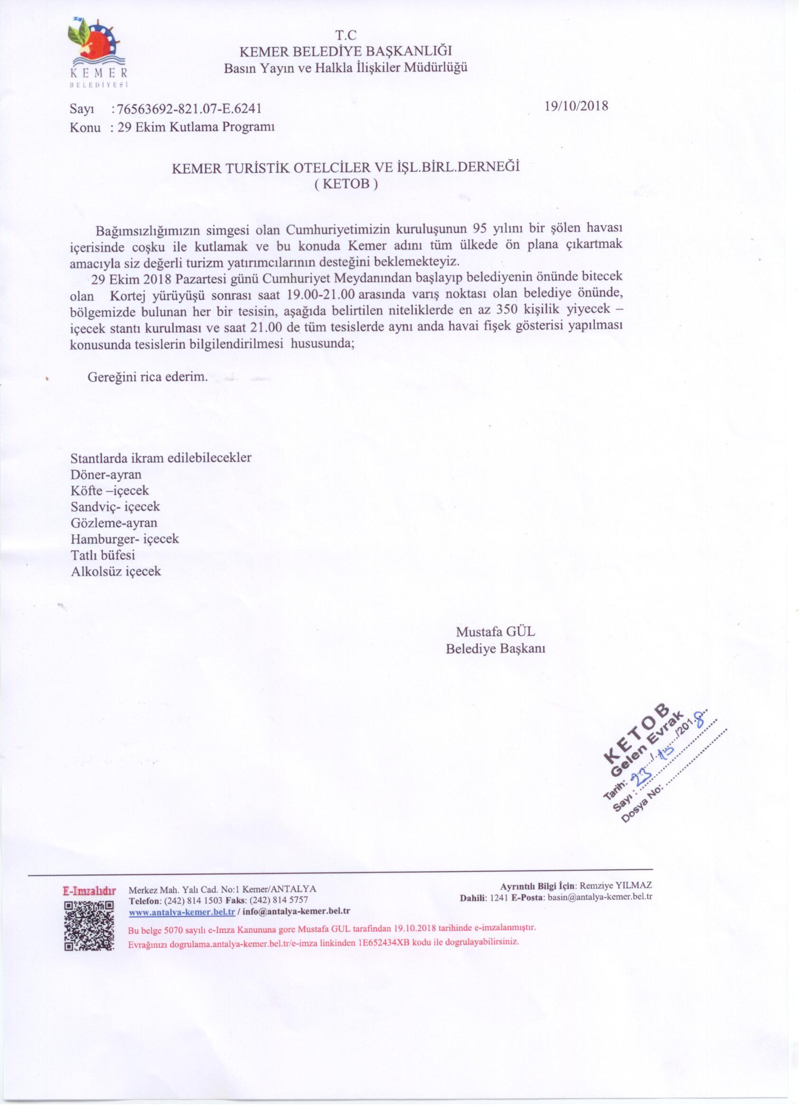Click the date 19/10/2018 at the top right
tap(576, 106)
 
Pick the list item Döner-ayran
tap(106, 474)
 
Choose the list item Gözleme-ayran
tap(114, 523)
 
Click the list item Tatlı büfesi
tap(103, 555)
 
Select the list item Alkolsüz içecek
tap(116, 571)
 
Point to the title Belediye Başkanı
tap(495, 649)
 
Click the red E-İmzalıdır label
tap(89, 890)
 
